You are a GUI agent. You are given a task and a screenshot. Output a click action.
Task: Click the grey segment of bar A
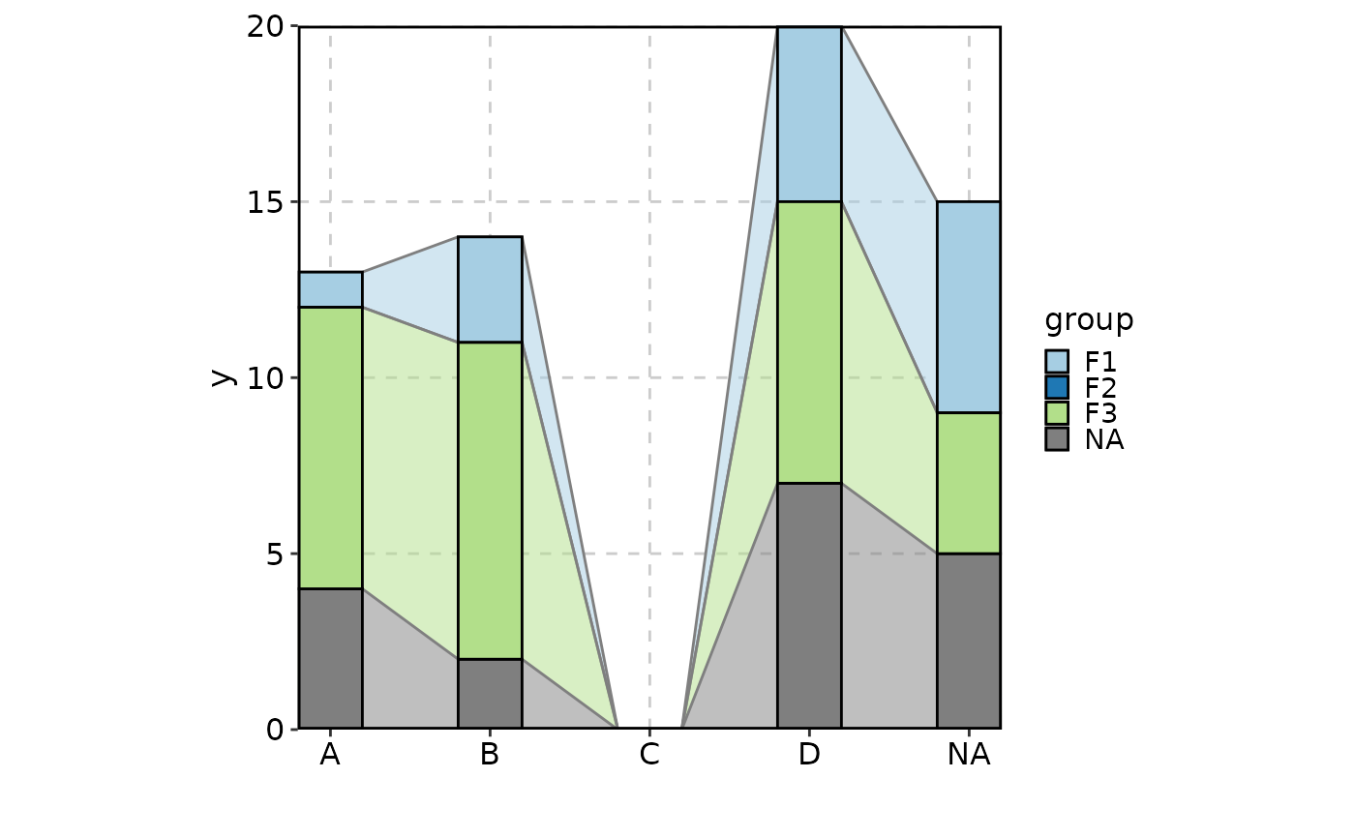point(330,658)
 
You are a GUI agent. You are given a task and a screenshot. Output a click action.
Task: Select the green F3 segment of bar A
point(330,447)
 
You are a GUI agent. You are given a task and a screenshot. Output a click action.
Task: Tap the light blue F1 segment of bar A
point(330,289)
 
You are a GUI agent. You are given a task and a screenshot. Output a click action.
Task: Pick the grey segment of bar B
point(490,693)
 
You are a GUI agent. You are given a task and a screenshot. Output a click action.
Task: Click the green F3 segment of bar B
point(490,500)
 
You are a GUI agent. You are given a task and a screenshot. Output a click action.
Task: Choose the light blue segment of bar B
point(490,289)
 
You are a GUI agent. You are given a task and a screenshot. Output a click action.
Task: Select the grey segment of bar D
point(809,605)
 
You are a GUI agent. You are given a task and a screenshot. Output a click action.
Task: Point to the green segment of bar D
point(809,342)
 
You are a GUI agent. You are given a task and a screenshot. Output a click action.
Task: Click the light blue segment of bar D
point(809,114)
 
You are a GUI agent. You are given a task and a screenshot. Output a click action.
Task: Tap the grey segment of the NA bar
point(968,641)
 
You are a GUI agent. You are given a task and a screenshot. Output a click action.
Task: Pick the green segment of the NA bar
point(968,483)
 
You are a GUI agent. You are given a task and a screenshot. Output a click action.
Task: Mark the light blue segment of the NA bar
point(968,307)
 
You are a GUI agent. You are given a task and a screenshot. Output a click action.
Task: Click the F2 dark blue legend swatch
point(1057,387)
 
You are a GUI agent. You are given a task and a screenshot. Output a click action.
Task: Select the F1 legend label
point(1100,362)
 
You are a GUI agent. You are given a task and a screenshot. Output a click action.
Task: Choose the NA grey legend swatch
point(1057,439)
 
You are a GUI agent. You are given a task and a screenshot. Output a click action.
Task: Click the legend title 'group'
point(1089,320)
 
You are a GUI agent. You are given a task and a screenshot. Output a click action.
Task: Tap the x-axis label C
point(649,755)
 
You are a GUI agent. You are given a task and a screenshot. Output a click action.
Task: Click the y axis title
point(224,377)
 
